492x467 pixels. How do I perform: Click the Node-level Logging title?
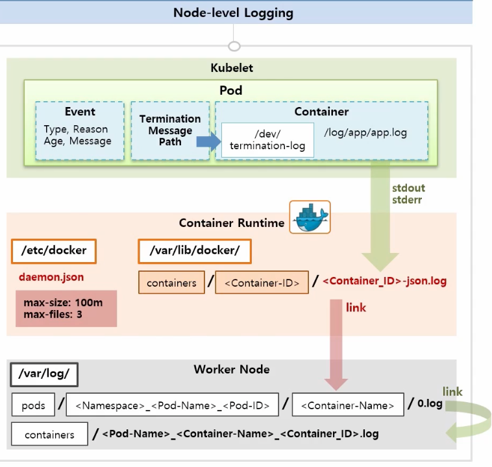233,12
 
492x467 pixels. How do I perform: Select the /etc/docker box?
53,250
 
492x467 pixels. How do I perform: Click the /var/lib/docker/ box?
195,250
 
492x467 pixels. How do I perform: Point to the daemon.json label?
51,277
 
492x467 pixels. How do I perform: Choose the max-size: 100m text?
63,302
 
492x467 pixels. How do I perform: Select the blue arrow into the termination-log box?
209,140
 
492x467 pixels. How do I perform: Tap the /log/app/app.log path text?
365,132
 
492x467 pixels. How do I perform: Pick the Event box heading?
80,112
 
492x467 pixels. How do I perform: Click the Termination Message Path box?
170,130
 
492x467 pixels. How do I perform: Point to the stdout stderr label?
408,194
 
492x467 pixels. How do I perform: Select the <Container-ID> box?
262,283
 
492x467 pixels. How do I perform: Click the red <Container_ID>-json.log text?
384,281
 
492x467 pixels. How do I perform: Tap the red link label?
356,307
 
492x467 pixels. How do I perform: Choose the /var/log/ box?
44,374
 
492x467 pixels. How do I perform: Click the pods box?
33,405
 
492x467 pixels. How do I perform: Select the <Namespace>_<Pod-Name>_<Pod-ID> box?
172,405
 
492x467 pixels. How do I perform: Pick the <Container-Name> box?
348,405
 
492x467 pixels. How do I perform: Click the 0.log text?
430,403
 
